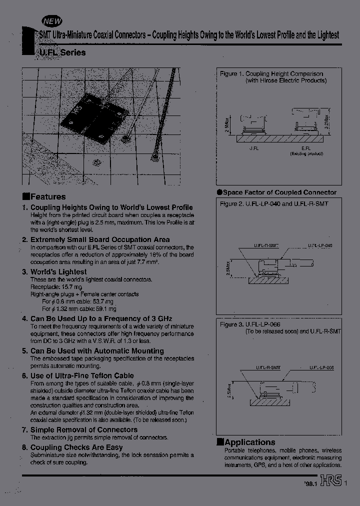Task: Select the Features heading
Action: [x=47, y=197]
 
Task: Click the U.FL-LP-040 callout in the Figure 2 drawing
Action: [x=320, y=246]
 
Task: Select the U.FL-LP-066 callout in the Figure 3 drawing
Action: [x=320, y=367]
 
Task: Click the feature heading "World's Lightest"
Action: [x=58, y=272]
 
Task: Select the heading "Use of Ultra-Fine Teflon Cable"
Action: [x=82, y=375]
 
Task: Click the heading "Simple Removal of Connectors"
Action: [x=83, y=429]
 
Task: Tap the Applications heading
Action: [x=250, y=442]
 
